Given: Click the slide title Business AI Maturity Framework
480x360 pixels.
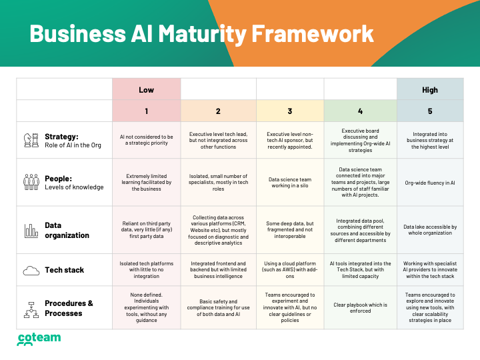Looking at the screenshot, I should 201,33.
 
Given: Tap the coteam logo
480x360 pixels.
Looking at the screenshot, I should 38,340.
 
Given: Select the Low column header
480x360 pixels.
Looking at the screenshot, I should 146,89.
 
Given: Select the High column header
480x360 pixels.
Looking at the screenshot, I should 430,89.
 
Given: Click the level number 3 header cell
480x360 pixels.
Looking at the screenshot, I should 289,111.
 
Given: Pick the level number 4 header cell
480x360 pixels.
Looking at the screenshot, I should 360,111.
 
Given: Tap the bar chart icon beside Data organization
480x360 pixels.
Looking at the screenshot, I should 31,231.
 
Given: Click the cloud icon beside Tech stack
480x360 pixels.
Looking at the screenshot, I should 31,270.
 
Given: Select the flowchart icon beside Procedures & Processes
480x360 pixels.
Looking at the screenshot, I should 31,308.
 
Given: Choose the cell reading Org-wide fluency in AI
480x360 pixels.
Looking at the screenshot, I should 430,183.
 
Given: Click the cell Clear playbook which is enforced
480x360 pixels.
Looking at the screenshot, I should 360,308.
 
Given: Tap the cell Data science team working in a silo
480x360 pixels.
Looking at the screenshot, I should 289,183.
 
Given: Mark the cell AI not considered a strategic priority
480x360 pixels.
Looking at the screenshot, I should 146,140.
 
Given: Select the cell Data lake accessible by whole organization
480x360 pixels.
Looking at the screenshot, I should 430,231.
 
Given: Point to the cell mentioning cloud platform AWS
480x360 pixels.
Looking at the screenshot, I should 289,270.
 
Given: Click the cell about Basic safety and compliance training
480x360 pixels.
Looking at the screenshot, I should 218,308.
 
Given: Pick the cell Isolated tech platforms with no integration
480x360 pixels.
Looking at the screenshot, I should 146,270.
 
